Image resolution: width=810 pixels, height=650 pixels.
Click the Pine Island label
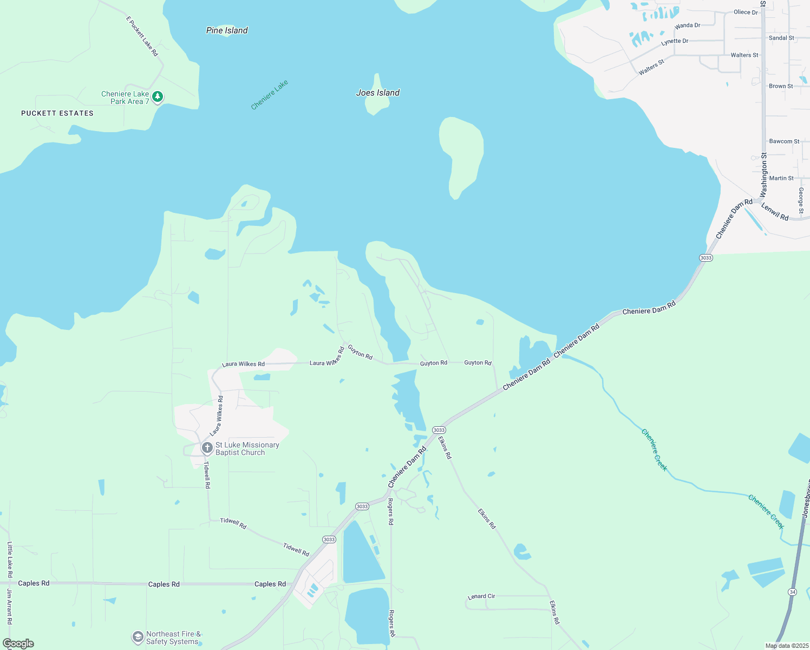tap(227, 30)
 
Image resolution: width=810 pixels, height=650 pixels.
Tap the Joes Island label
tap(377, 93)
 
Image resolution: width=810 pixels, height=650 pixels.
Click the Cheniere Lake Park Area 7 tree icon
tap(158, 97)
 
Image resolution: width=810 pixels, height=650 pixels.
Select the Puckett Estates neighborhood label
tap(57, 113)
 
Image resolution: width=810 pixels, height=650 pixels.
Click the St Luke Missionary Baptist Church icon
tap(207, 448)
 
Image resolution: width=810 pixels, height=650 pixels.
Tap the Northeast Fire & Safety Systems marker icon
tap(138, 638)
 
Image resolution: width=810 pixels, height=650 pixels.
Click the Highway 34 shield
tap(793, 592)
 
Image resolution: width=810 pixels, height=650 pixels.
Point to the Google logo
tap(18, 643)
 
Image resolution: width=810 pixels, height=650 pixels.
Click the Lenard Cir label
tap(481, 596)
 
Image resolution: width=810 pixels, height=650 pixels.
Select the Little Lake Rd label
tap(10, 560)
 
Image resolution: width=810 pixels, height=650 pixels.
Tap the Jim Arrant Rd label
tap(9, 607)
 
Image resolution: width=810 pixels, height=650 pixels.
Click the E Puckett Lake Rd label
tap(142, 36)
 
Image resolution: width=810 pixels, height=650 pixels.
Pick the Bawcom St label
tap(784, 141)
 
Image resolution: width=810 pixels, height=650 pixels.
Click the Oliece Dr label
tap(746, 12)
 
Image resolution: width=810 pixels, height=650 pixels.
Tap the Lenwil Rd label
tap(775, 211)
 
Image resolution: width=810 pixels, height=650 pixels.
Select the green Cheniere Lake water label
tap(270, 95)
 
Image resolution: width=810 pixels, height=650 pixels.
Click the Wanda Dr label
tap(687, 25)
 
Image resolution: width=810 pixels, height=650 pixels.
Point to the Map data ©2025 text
tap(787, 646)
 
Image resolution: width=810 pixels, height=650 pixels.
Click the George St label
tap(801, 200)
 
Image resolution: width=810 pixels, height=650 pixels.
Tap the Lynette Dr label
tap(675, 41)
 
